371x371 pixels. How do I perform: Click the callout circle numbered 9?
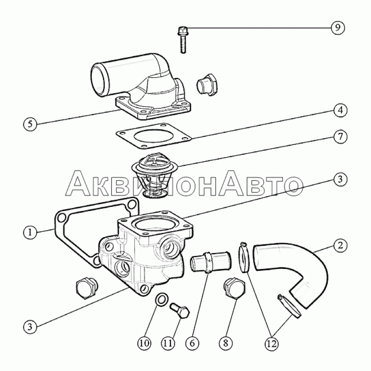(x=338, y=28)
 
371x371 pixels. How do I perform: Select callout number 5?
(x=30, y=124)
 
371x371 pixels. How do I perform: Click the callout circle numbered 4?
(x=340, y=110)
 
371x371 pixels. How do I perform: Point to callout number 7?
(x=340, y=137)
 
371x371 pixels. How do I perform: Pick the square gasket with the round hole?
(x=154, y=136)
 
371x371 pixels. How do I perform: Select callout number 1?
(x=30, y=232)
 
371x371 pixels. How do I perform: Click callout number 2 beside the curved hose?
(x=340, y=245)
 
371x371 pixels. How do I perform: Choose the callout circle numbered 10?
(x=144, y=343)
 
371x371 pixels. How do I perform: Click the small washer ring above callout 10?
(x=162, y=299)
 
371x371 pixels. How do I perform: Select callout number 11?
(x=168, y=343)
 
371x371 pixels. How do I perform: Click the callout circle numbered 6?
(x=192, y=343)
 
